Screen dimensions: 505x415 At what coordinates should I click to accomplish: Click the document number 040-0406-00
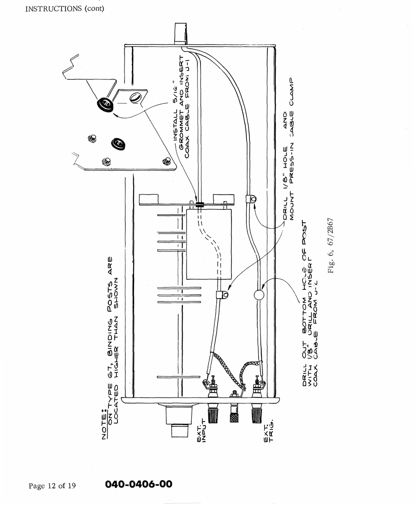click(x=138, y=484)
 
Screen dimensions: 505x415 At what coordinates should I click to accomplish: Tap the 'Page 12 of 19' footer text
click(x=52, y=486)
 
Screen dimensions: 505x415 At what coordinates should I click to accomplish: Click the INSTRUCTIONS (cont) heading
click(x=65, y=8)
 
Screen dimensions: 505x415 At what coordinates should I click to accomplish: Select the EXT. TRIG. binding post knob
click(x=257, y=415)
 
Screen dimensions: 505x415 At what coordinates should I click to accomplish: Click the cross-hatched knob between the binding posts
click(x=235, y=415)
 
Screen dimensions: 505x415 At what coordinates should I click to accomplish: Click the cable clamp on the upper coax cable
click(x=251, y=199)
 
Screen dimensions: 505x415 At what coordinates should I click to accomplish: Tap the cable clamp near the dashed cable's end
click(x=222, y=295)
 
